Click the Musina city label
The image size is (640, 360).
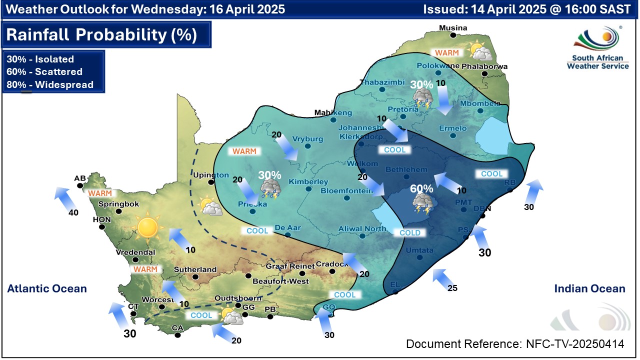click(x=453, y=28)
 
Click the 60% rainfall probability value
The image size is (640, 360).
click(x=421, y=189)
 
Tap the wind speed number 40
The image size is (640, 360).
click(x=73, y=213)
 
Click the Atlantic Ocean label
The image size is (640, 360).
click(x=46, y=288)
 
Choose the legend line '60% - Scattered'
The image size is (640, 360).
click(x=44, y=72)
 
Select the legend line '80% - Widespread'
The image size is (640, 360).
click(x=50, y=85)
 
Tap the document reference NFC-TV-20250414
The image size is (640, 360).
click(x=514, y=344)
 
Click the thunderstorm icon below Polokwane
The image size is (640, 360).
click(x=422, y=99)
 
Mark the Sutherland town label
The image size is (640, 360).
click(x=195, y=269)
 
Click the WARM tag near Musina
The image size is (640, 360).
click(x=446, y=52)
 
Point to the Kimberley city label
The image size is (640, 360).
click(x=308, y=181)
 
